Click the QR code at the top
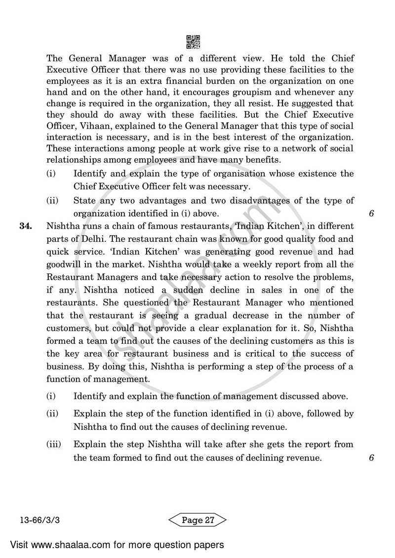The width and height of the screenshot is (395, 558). point(193,42)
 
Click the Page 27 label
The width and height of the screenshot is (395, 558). point(197,520)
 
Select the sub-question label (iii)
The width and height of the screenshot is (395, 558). point(53,444)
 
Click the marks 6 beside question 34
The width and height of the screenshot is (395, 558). point(371,457)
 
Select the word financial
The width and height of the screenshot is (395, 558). point(202,81)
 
